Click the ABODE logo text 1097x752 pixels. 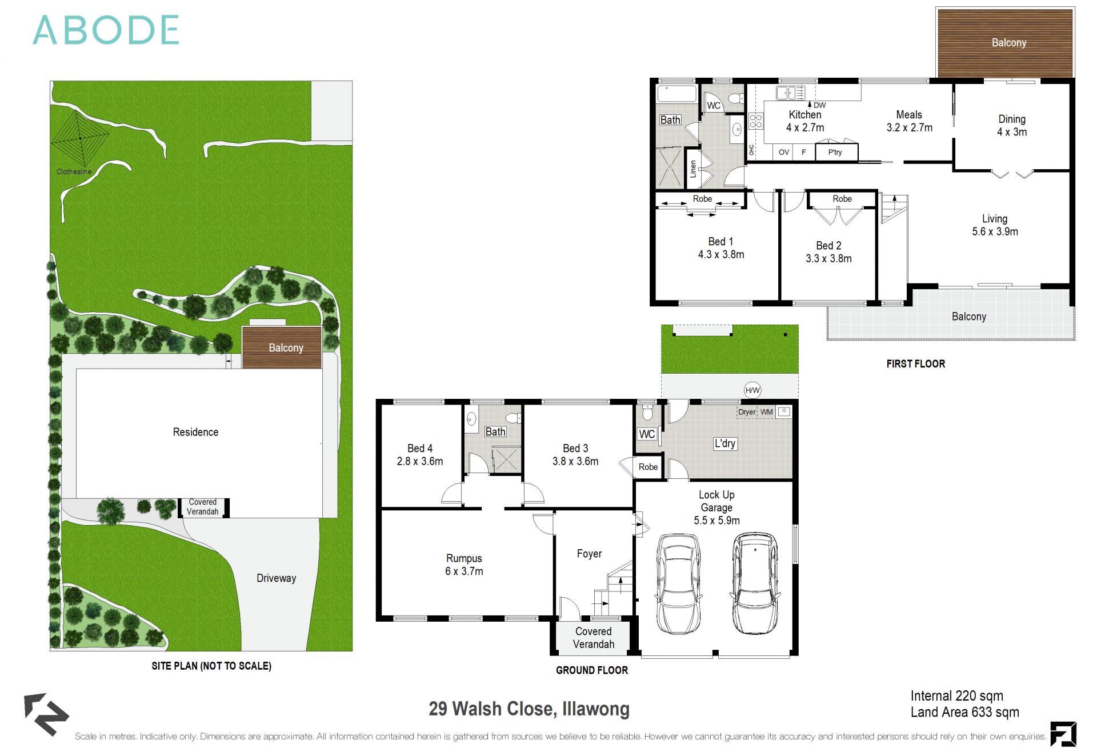106,30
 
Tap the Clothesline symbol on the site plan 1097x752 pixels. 80,138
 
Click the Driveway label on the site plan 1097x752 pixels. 276,578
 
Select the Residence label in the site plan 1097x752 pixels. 195,432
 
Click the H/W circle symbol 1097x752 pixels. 752,390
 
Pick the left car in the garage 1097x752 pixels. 678,583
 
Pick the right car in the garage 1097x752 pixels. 755,583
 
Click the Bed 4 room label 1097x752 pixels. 420,455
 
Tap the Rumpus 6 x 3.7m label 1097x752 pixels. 464,565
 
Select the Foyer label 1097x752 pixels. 589,554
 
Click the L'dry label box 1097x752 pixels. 725,443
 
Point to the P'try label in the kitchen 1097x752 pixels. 835,152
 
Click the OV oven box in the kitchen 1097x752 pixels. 784,152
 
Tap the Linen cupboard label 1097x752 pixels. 693,169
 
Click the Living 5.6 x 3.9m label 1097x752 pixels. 995,225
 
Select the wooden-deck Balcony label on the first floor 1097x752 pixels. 1008,43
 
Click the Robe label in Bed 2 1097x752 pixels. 842,199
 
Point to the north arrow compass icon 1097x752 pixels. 46,714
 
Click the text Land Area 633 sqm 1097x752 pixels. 964,713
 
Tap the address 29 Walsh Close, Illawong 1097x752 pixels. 529,709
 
